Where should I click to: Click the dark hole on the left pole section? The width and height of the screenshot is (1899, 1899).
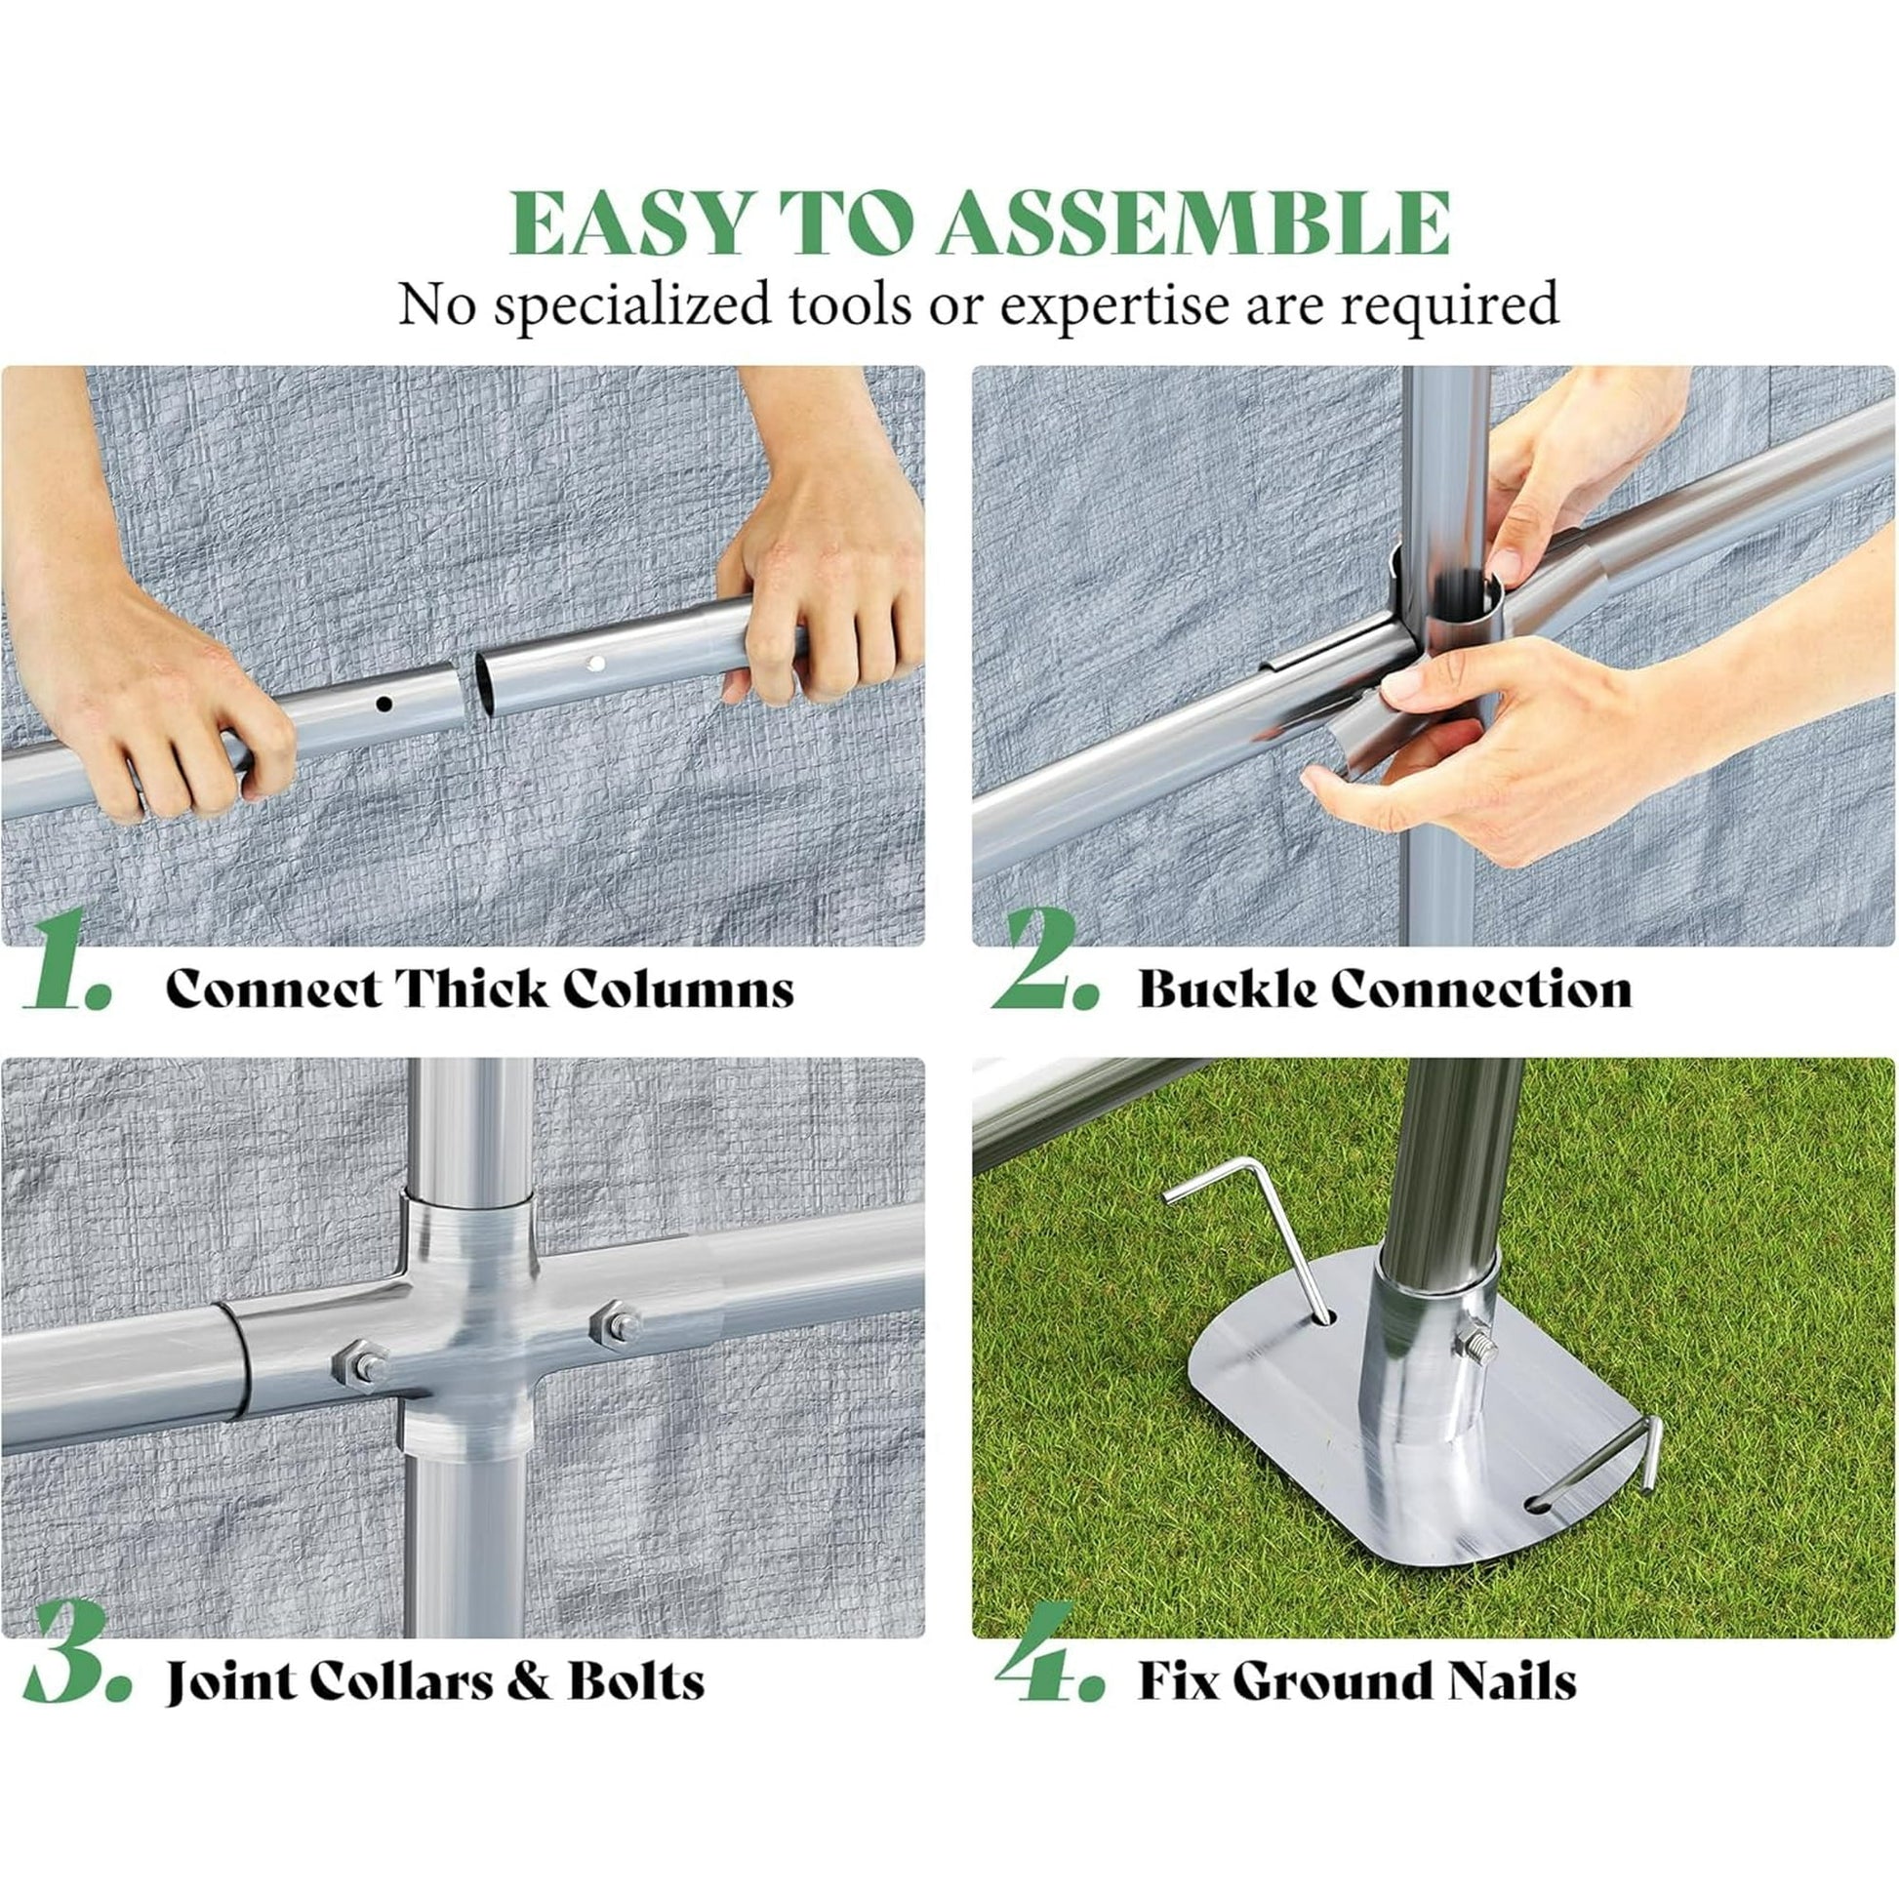(x=384, y=704)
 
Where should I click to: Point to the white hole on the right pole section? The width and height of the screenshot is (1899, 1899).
(x=593, y=664)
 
